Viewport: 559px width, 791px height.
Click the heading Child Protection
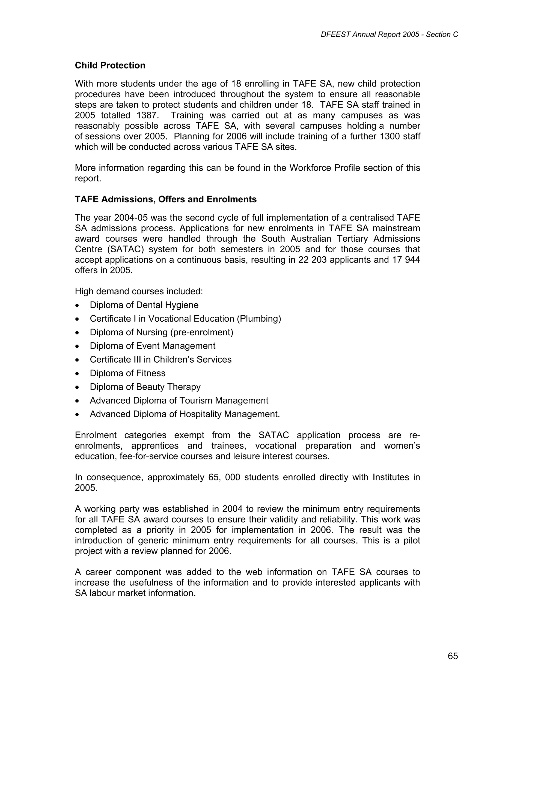pos(110,66)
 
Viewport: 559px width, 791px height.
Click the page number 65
pos(453,656)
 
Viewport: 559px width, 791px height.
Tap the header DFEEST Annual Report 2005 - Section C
pos(389,34)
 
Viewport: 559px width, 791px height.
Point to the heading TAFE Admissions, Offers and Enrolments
pos(166,200)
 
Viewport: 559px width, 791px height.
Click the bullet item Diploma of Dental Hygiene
pos(144,305)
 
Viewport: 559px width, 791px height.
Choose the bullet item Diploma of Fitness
pos(127,373)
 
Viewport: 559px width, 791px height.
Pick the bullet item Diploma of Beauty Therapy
pos(145,387)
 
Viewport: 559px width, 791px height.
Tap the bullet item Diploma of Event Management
pos(153,346)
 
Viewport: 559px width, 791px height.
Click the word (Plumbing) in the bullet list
pos(259,319)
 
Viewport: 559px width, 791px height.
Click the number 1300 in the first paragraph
pos(390,137)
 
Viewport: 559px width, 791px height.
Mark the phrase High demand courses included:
pos(139,291)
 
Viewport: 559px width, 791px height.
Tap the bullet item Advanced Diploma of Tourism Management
pos(179,401)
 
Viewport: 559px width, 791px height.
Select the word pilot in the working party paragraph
pos(412,541)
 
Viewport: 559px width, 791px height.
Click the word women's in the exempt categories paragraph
pos(402,446)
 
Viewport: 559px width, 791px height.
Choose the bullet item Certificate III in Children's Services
pos(160,360)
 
